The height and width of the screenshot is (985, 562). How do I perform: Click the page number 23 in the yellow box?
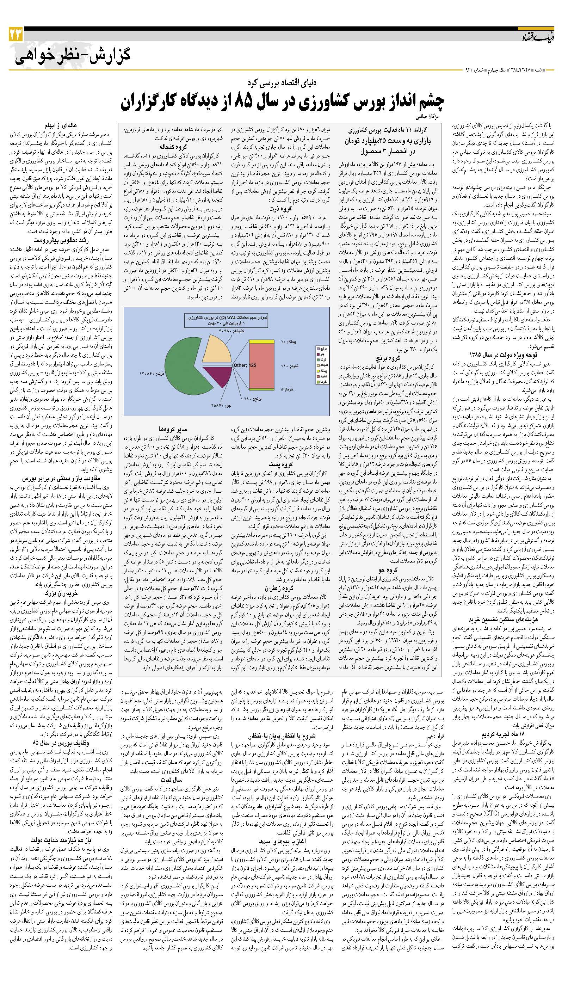point(16,35)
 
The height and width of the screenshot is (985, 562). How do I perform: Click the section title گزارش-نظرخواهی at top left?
point(73,55)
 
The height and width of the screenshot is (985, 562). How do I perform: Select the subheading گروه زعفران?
point(279,589)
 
